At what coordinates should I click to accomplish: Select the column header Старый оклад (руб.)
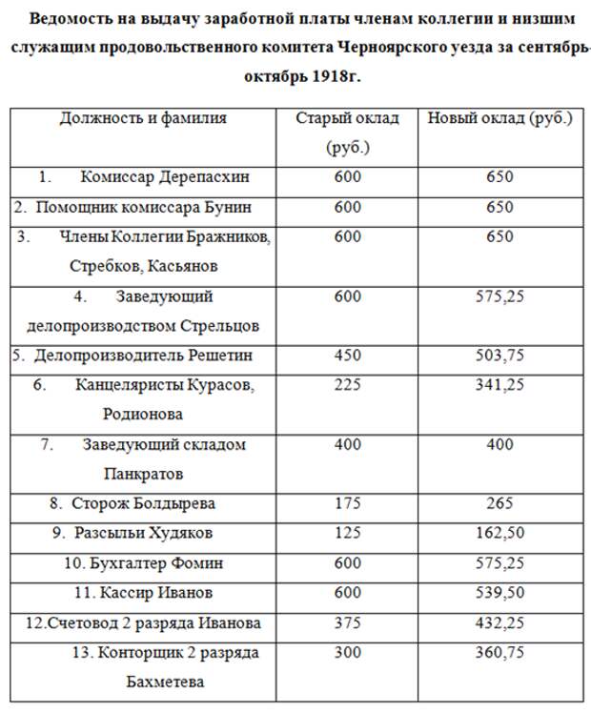[x=347, y=132]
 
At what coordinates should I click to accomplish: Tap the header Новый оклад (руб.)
[x=499, y=119]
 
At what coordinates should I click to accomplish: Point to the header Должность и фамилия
[x=143, y=119]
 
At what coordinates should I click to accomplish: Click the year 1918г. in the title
[x=339, y=75]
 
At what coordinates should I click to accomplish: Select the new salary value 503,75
[x=499, y=356]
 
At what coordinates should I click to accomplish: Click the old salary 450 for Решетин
[x=348, y=356]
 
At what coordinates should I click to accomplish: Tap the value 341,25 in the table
[x=499, y=385]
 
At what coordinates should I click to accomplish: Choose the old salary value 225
[x=348, y=385]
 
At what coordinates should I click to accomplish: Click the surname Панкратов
[x=143, y=474]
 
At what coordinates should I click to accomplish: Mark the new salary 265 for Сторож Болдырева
[x=499, y=503]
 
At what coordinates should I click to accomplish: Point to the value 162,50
[x=499, y=533]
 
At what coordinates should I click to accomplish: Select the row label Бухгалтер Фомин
[x=143, y=563]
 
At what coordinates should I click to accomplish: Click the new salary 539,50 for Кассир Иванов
[x=499, y=593]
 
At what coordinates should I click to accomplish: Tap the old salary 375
[x=348, y=622]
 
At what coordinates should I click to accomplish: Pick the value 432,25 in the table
[x=499, y=622]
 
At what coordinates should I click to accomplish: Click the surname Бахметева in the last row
[x=165, y=682]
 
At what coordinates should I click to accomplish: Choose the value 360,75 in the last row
[x=499, y=653]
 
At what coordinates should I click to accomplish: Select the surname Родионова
[x=143, y=415]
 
